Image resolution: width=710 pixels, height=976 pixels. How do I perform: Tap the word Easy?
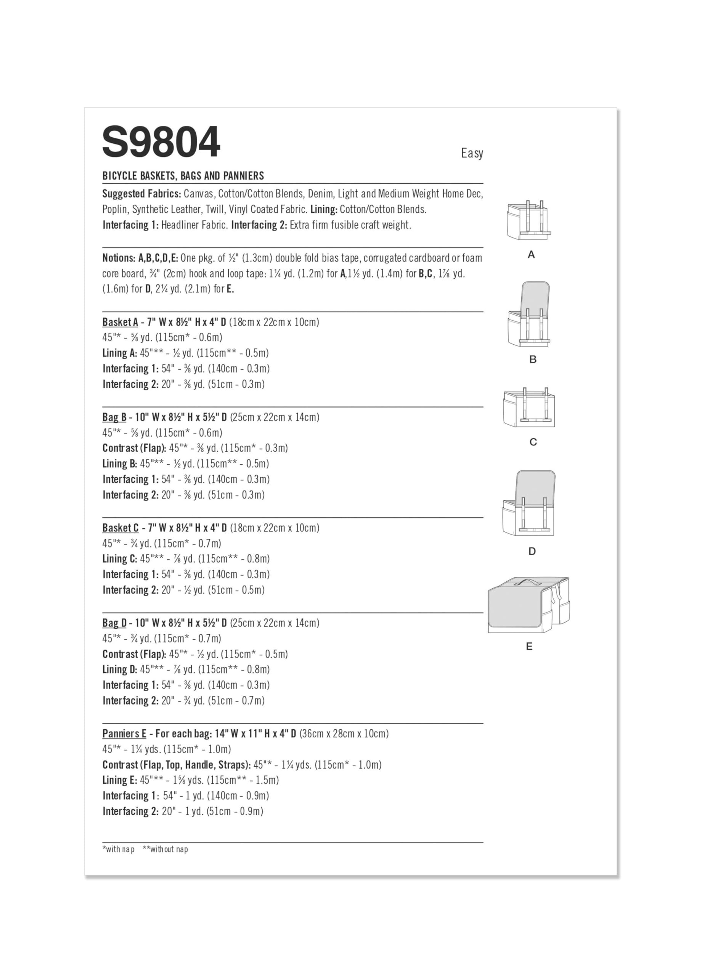click(472, 153)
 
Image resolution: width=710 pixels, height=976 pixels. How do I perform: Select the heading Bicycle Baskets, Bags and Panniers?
click(183, 176)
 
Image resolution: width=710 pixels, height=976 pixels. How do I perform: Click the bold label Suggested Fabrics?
click(141, 194)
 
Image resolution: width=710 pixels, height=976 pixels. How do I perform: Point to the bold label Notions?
click(118, 258)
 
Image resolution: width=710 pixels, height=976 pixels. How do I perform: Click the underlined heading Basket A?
click(120, 322)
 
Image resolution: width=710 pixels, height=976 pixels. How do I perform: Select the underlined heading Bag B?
click(114, 417)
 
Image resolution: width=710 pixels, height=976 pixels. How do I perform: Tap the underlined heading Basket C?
click(120, 528)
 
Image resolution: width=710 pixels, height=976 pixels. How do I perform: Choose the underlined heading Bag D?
click(114, 623)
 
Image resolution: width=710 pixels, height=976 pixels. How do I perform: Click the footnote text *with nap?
click(118, 849)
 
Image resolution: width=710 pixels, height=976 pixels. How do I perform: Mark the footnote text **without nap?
click(165, 849)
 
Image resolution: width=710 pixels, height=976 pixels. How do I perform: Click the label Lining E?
click(120, 780)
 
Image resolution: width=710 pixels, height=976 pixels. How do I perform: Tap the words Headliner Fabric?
click(194, 225)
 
